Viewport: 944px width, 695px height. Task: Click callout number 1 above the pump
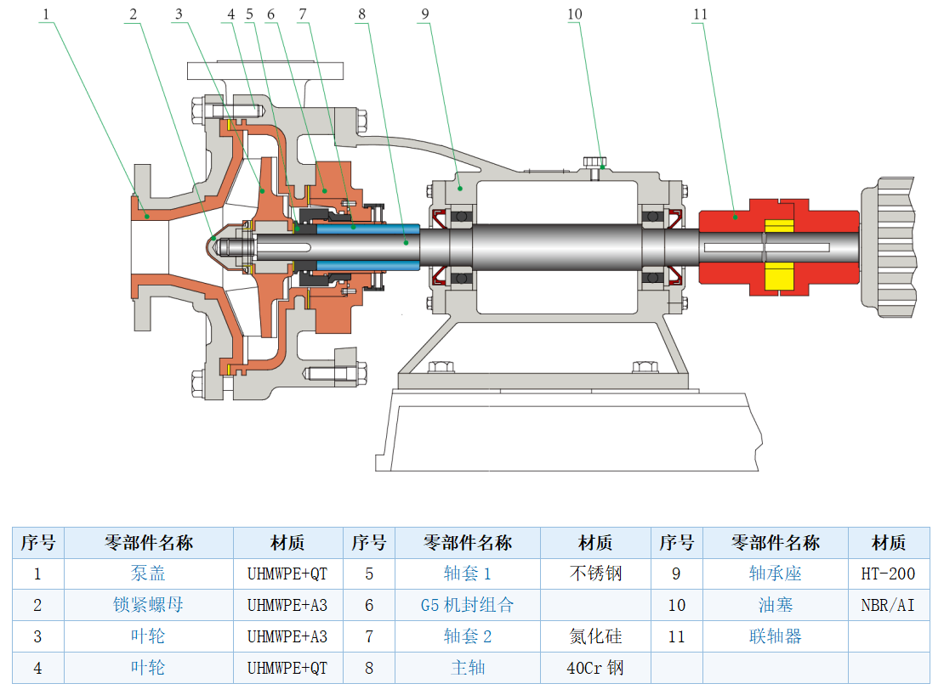48,14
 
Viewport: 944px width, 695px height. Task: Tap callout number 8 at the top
362,14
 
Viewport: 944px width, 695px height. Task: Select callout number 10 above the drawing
575,14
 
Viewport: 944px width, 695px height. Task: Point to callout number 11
699,14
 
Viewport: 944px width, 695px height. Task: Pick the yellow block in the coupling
778,278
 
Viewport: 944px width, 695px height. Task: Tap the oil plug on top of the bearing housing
596,162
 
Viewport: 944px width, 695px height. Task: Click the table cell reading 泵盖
148,574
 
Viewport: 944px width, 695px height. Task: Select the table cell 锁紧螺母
148,605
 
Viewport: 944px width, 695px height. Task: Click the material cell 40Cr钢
595,668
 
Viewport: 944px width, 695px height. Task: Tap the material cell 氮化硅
595,636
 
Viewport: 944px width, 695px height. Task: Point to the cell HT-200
888,574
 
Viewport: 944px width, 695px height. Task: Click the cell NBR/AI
888,605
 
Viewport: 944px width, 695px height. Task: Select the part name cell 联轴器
775,636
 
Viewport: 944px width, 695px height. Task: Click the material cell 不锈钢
595,574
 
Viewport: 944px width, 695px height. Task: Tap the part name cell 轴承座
775,574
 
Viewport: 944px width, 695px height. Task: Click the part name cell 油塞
775,605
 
